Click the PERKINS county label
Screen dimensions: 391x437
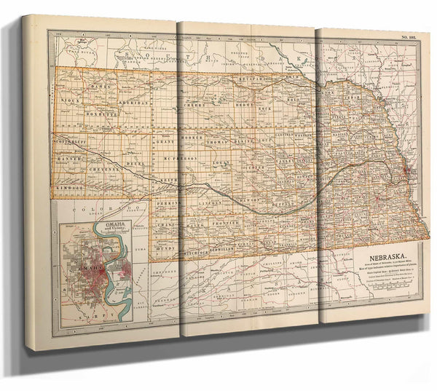pyautogui.click(x=168, y=203)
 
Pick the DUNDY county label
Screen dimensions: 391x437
pyautogui.click(x=165, y=248)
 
